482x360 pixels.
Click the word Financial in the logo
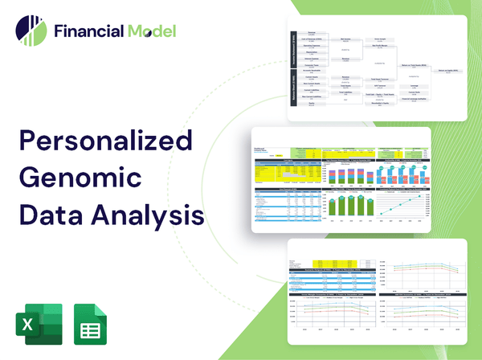click(x=87, y=31)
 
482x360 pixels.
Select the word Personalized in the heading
click(x=105, y=143)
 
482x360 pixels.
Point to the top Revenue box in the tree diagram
click(x=311, y=34)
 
